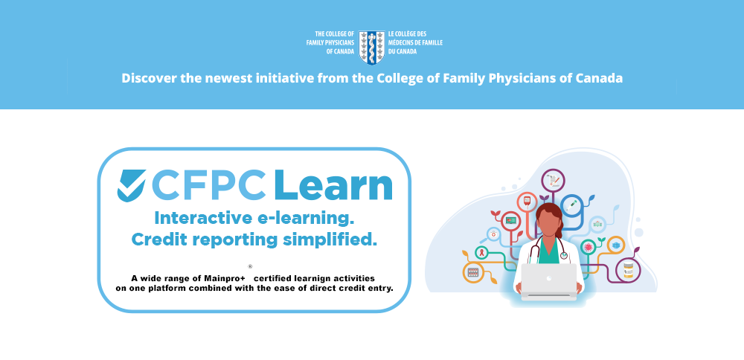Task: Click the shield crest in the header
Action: (x=371, y=47)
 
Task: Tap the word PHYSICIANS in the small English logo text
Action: (x=339, y=42)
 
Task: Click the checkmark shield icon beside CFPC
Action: (x=132, y=185)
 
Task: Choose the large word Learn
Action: (x=333, y=184)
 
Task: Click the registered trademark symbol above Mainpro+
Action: (x=250, y=266)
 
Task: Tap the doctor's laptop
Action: (x=549, y=282)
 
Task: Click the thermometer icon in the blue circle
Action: (x=571, y=205)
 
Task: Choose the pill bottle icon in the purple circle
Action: (x=628, y=271)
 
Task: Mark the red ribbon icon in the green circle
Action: (x=481, y=252)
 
